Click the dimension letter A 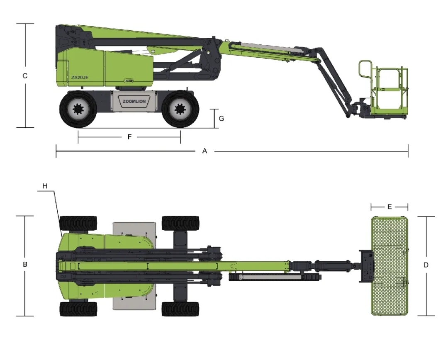tap(205, 151)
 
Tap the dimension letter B tap(25, 264)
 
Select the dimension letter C tap(25, 76)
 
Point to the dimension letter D tap(426, 265)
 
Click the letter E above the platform tap(390, 207)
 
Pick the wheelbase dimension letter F tap(129, 137)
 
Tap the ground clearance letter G tap(222, 118)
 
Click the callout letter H tap(45, 186)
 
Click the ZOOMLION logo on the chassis tap(134, 102)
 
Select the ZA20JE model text tap(80, 78)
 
